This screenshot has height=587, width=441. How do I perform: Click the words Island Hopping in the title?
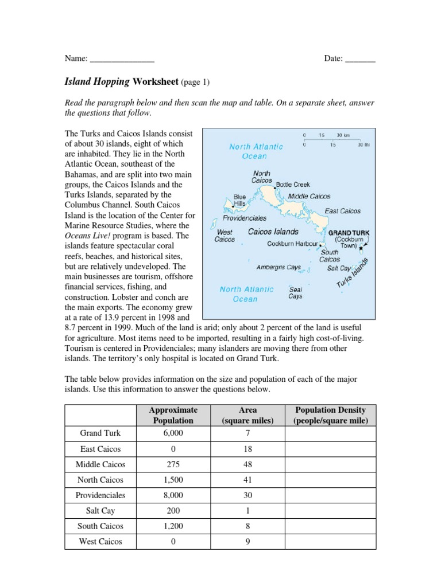[97, 82]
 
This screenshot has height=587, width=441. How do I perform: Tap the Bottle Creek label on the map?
[293, 185]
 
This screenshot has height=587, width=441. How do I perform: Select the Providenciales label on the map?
[245, 218]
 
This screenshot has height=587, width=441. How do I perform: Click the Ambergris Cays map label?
[278, 267]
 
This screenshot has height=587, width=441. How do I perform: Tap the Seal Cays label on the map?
[295, 293]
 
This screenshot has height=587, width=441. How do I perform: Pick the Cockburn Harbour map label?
[292, 244]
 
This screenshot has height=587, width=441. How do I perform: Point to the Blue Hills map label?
[239, 200]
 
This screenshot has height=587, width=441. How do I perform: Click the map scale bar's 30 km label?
[343, 135]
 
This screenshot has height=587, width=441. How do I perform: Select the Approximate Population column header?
[173, 415]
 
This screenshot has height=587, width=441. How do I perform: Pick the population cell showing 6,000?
[173, 433]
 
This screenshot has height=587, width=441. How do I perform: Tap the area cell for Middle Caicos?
[248, 464]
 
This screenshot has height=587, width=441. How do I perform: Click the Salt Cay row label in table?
[99, 511]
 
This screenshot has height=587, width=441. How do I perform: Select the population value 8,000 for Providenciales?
[173, 495]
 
